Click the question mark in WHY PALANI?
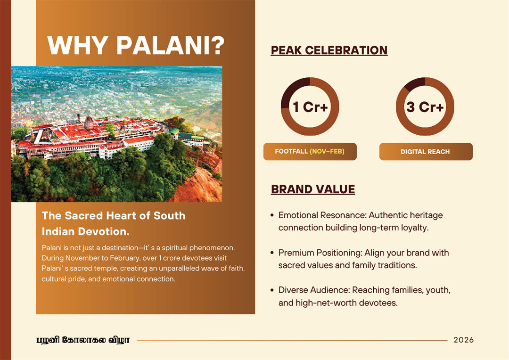tap(215, 45)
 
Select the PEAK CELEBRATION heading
tap(329, 50)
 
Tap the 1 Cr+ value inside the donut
tap(310, 107)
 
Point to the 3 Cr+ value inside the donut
tap(425, 107)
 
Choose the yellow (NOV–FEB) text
tap(327, 151)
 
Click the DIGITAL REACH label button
tap(426, 152)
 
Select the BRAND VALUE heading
tap(313, 189)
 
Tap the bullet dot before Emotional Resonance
tap(272, 215)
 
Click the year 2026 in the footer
tap(464, 340)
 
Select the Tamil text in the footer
tap(83, 340)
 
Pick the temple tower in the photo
tap(89, 123)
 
